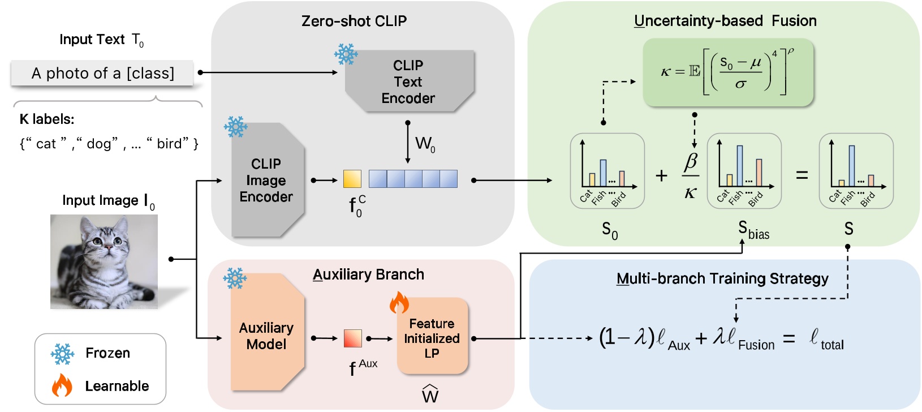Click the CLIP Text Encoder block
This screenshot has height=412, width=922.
[x=408, y=81]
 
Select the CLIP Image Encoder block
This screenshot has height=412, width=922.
[x=266, y=180]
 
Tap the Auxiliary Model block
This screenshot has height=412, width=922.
[x=266, y=336]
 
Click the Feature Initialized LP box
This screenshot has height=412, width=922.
[x=432, y=338]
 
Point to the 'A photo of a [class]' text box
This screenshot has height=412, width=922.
[x=102, y=74]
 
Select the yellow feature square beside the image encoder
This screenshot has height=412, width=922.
[x=352, y=179]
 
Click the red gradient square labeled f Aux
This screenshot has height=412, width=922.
[x=352, y=338]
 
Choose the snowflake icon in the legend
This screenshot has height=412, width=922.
[x=62, y=354]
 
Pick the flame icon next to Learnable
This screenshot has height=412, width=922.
[x=62, y=386]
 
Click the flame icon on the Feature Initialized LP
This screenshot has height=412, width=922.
[x=399, y=303]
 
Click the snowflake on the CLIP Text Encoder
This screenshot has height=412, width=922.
[x=346, y=54]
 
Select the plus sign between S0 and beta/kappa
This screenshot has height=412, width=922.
[x=661, y=176]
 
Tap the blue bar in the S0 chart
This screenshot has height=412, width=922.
[x=603, y=173]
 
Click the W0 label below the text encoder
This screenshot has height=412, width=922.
[x=425, y=144]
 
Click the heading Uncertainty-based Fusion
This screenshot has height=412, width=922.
[x=725, y=21]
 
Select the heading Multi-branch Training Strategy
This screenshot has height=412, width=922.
[x=722, y=278]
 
